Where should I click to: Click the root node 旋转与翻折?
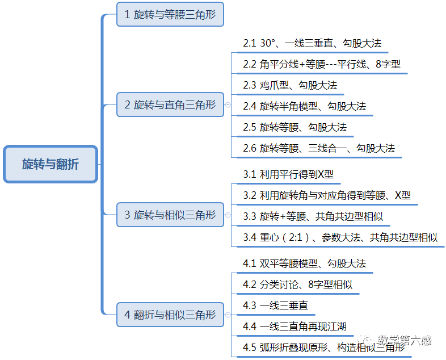pos(51,165)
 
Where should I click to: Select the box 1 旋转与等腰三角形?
pos(170,14)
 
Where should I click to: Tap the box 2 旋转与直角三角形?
pos(170,104)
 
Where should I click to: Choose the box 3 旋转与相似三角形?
pos(170,215)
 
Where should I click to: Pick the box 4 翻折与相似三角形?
pos(170,314)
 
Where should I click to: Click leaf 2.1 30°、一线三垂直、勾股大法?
pos(312,43)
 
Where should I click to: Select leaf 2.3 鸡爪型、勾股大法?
pos(290,85)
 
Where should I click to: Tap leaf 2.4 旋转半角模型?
pos(304,106)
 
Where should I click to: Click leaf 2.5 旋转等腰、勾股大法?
pos(294,127)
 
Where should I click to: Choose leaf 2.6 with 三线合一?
pos(319,148)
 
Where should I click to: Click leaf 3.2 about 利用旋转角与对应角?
pos(327,195)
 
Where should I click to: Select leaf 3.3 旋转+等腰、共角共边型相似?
pos(313,216)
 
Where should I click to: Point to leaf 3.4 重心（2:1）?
pos(340,237)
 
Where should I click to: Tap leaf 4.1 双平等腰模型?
pos(304,263)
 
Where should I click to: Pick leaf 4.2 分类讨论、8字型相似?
pos(298,284)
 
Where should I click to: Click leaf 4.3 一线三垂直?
pos(275,305)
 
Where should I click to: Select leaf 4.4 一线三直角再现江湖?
pos(294,326)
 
